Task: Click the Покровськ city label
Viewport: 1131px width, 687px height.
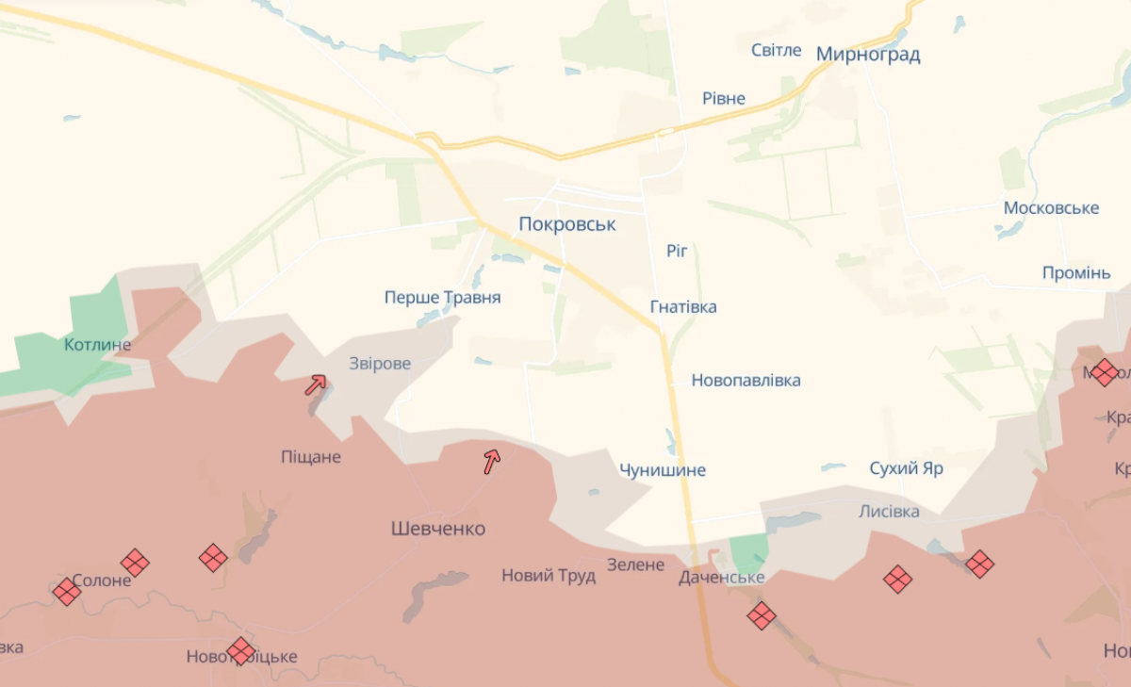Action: [x=567, y=224]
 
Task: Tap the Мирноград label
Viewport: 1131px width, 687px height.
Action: [x=868, y=54]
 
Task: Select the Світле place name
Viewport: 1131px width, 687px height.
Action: [x=777, y=50]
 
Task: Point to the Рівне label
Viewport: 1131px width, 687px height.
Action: [x=724, y=98]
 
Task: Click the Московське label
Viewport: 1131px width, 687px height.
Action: [x=1052, y=207]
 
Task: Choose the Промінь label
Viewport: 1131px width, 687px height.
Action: [x=1076, y=272]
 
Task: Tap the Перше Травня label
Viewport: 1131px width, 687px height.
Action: [x=442, y=297]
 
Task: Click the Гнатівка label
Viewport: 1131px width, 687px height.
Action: [x=683, y=306]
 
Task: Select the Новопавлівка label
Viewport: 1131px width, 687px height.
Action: [x=746, y=380]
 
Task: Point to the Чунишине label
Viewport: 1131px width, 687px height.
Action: [x=663, y=469]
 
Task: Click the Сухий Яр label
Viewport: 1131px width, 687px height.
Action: [x=907, y=467]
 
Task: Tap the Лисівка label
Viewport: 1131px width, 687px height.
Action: [x=889, y=511]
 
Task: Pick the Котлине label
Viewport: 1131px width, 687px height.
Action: [x=98, y=344]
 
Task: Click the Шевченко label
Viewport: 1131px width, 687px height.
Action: [x=438, y=529]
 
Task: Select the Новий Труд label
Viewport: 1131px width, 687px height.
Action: [x=549, y=575]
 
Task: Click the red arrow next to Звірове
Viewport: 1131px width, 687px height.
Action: [x=315, y=384]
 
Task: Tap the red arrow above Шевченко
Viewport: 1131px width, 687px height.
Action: [x=491, y=460]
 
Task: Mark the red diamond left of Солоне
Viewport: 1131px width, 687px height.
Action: [x=67, y=592]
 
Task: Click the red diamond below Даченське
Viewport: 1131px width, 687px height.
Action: [x=762, y=616]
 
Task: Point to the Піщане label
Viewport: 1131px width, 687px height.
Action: [x=311, y=457]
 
